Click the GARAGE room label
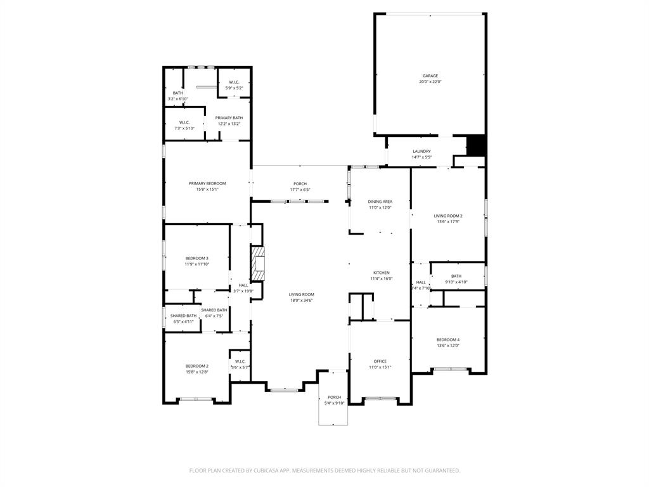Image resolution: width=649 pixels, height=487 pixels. (x=430, y=76)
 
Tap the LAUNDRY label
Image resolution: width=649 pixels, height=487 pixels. (x=421, y=152)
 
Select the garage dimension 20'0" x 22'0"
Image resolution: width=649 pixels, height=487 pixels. (x=430, y=82)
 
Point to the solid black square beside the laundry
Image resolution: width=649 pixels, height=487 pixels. (x=475, y=145)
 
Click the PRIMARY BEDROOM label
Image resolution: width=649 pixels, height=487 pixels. (x=207, y=183)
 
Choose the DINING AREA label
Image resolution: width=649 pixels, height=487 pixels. (x=380, y=202)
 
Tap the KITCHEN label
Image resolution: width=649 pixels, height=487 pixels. (x=381, y=273)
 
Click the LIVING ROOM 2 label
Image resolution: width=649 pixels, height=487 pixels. (x=447, y=216)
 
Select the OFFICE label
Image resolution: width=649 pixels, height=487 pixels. (x=380, y=361)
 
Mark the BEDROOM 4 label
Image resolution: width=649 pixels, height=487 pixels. (x=448, y=340)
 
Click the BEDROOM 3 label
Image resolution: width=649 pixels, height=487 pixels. (x=197, y=258)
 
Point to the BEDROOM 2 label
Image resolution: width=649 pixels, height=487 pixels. (x=197, y=366)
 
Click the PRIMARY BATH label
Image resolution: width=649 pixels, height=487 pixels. (x=229, y=118)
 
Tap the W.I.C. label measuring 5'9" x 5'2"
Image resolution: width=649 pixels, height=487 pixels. (x=234, y=82)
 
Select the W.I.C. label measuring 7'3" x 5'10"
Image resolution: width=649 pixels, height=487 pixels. (x=184, y=122)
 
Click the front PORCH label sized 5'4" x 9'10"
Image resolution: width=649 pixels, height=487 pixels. (x=334, y=398)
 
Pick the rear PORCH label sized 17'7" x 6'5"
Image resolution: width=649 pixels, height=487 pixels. (x=300, y=184)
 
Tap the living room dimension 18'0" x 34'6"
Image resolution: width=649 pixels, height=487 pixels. (x=302, y=300)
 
